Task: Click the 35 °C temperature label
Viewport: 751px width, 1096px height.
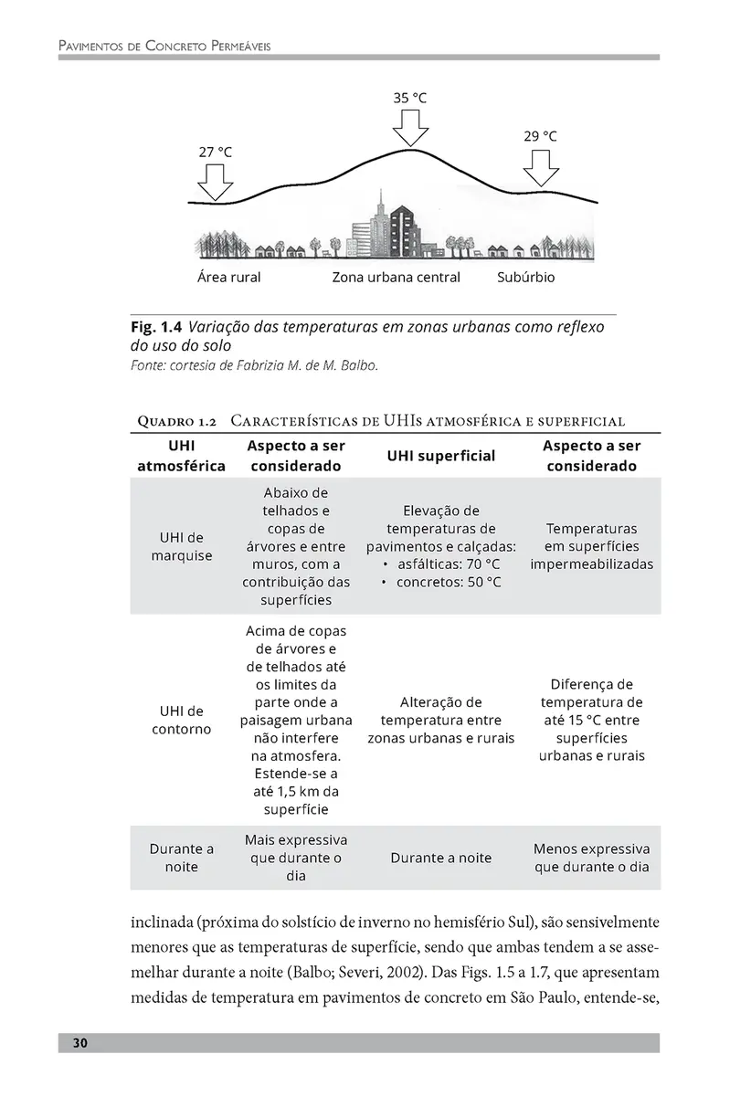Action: tap(410, 98)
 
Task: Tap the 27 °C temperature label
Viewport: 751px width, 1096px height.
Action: tap(216, 152)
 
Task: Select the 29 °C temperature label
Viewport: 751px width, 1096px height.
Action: tap(540, 136)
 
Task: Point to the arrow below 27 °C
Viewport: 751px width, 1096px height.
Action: tap(217, 182)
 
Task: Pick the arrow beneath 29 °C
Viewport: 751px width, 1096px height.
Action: tap(541, 166)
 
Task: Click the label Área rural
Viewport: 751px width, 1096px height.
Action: tap(228, 278)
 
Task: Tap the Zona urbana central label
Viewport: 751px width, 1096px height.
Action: tap(396, 278)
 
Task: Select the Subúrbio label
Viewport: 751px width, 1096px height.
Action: tap(525, 278)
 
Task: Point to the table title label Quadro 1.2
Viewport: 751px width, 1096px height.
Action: tap(175, 421)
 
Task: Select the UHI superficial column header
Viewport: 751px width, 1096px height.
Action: tap(440, 455)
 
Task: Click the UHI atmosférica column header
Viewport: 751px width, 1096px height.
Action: tap(181, 455)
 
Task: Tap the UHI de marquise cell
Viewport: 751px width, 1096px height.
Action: tap(181, 546)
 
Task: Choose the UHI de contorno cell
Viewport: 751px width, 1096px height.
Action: tap(181, 720)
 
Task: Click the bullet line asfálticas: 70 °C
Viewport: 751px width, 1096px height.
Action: tap(449, 564)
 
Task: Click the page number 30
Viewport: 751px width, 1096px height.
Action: tap(80, 1043)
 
